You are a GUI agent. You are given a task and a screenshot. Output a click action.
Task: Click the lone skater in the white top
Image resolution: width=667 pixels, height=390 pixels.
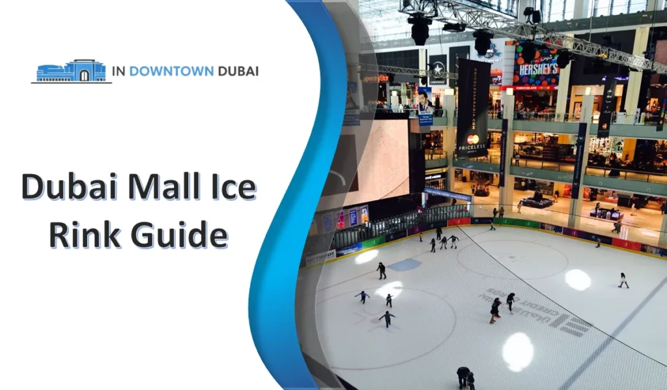623,280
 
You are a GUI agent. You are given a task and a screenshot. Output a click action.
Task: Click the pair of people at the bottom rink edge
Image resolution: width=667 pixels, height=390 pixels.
465,377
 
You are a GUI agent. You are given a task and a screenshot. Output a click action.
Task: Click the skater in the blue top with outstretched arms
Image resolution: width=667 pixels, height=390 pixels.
362,297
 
